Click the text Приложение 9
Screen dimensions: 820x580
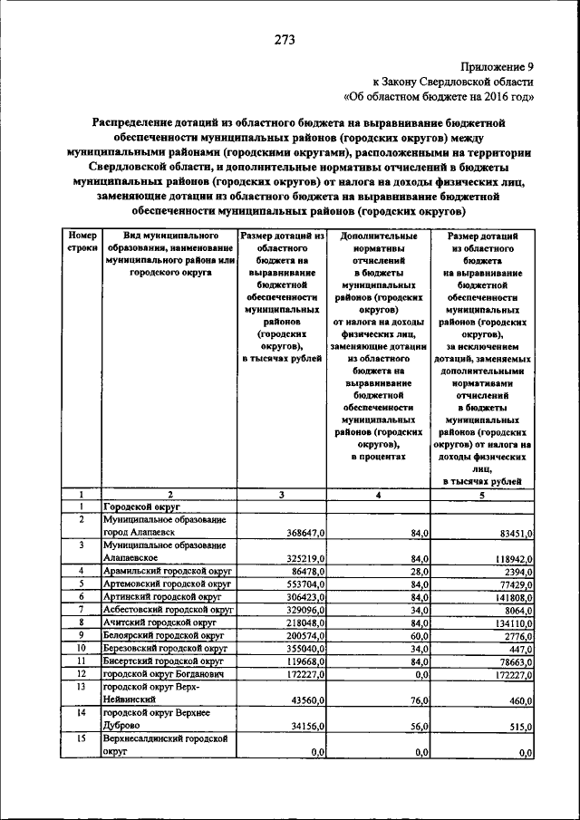[498, 66]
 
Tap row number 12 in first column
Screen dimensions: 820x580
[82, 676]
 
